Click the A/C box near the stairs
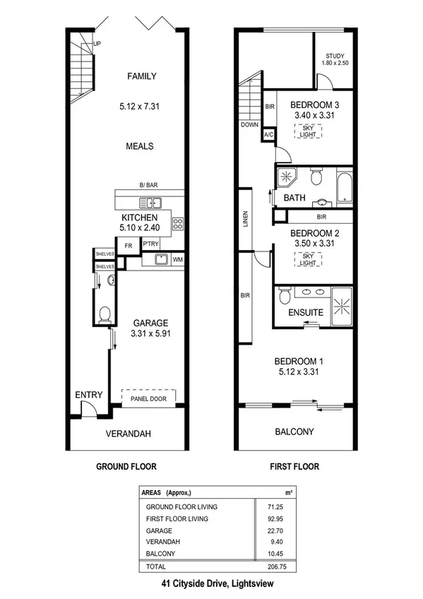click(268, 134)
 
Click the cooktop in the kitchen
click(177, 225)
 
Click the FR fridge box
click(129, 246)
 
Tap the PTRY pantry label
click(150, 244)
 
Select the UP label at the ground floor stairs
click(96, 44)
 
